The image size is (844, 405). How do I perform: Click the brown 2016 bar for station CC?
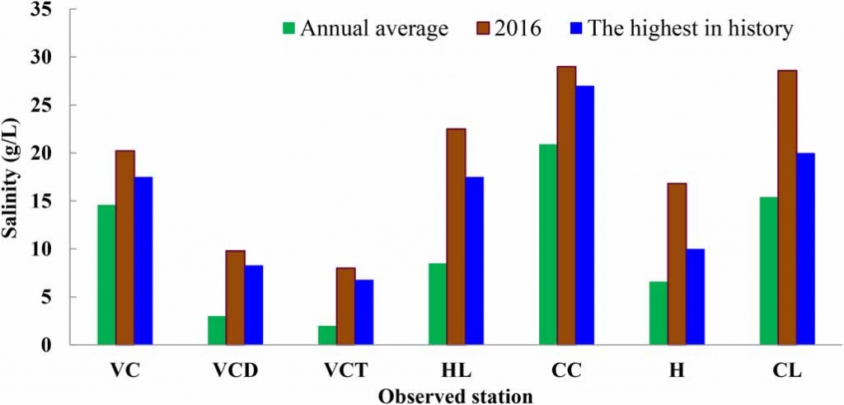[566, 205]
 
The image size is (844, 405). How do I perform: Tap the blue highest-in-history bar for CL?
[805, 248]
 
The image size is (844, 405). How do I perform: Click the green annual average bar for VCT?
[326, 335]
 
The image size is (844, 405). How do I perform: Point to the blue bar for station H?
[695, 297]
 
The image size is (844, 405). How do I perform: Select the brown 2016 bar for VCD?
[235, 298]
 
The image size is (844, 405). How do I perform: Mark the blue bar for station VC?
[143, 261]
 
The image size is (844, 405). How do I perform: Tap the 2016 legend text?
[519, 29]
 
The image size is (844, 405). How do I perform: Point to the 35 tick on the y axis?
[46, 9]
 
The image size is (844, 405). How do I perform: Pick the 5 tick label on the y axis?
[50, 297]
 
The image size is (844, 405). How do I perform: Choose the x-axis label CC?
[566, 370]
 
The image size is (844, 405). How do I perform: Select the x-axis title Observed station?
[455, 395]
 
